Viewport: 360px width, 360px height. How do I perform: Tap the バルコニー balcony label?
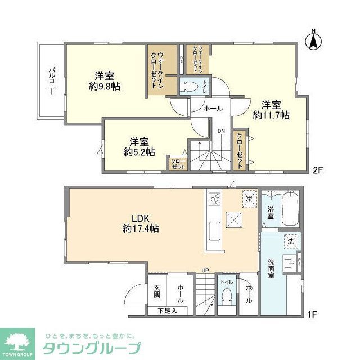pyautogui.click(x=51, y=82)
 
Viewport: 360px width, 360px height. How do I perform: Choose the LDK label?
pyautogui.click(x=139, y=218)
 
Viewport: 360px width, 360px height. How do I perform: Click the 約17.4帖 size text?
pyautogui.click(x=140, y=229)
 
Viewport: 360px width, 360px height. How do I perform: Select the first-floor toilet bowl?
pyautogui.click(x=228, y=296)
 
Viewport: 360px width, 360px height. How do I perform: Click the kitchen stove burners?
pyautogui.click(x=215, y=200)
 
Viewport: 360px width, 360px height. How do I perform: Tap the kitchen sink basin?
pyautogui.click(x=214, y=231)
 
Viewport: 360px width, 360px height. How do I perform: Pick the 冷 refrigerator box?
pyautogui.click(x=248, y=198)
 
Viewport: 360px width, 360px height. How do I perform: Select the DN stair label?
pyautogui.click(x=222, y=132)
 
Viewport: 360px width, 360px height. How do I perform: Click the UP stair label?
pyautogui.click(x=206, y=271)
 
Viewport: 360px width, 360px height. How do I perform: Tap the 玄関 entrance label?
pyautogui.click(x=157, y=290)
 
